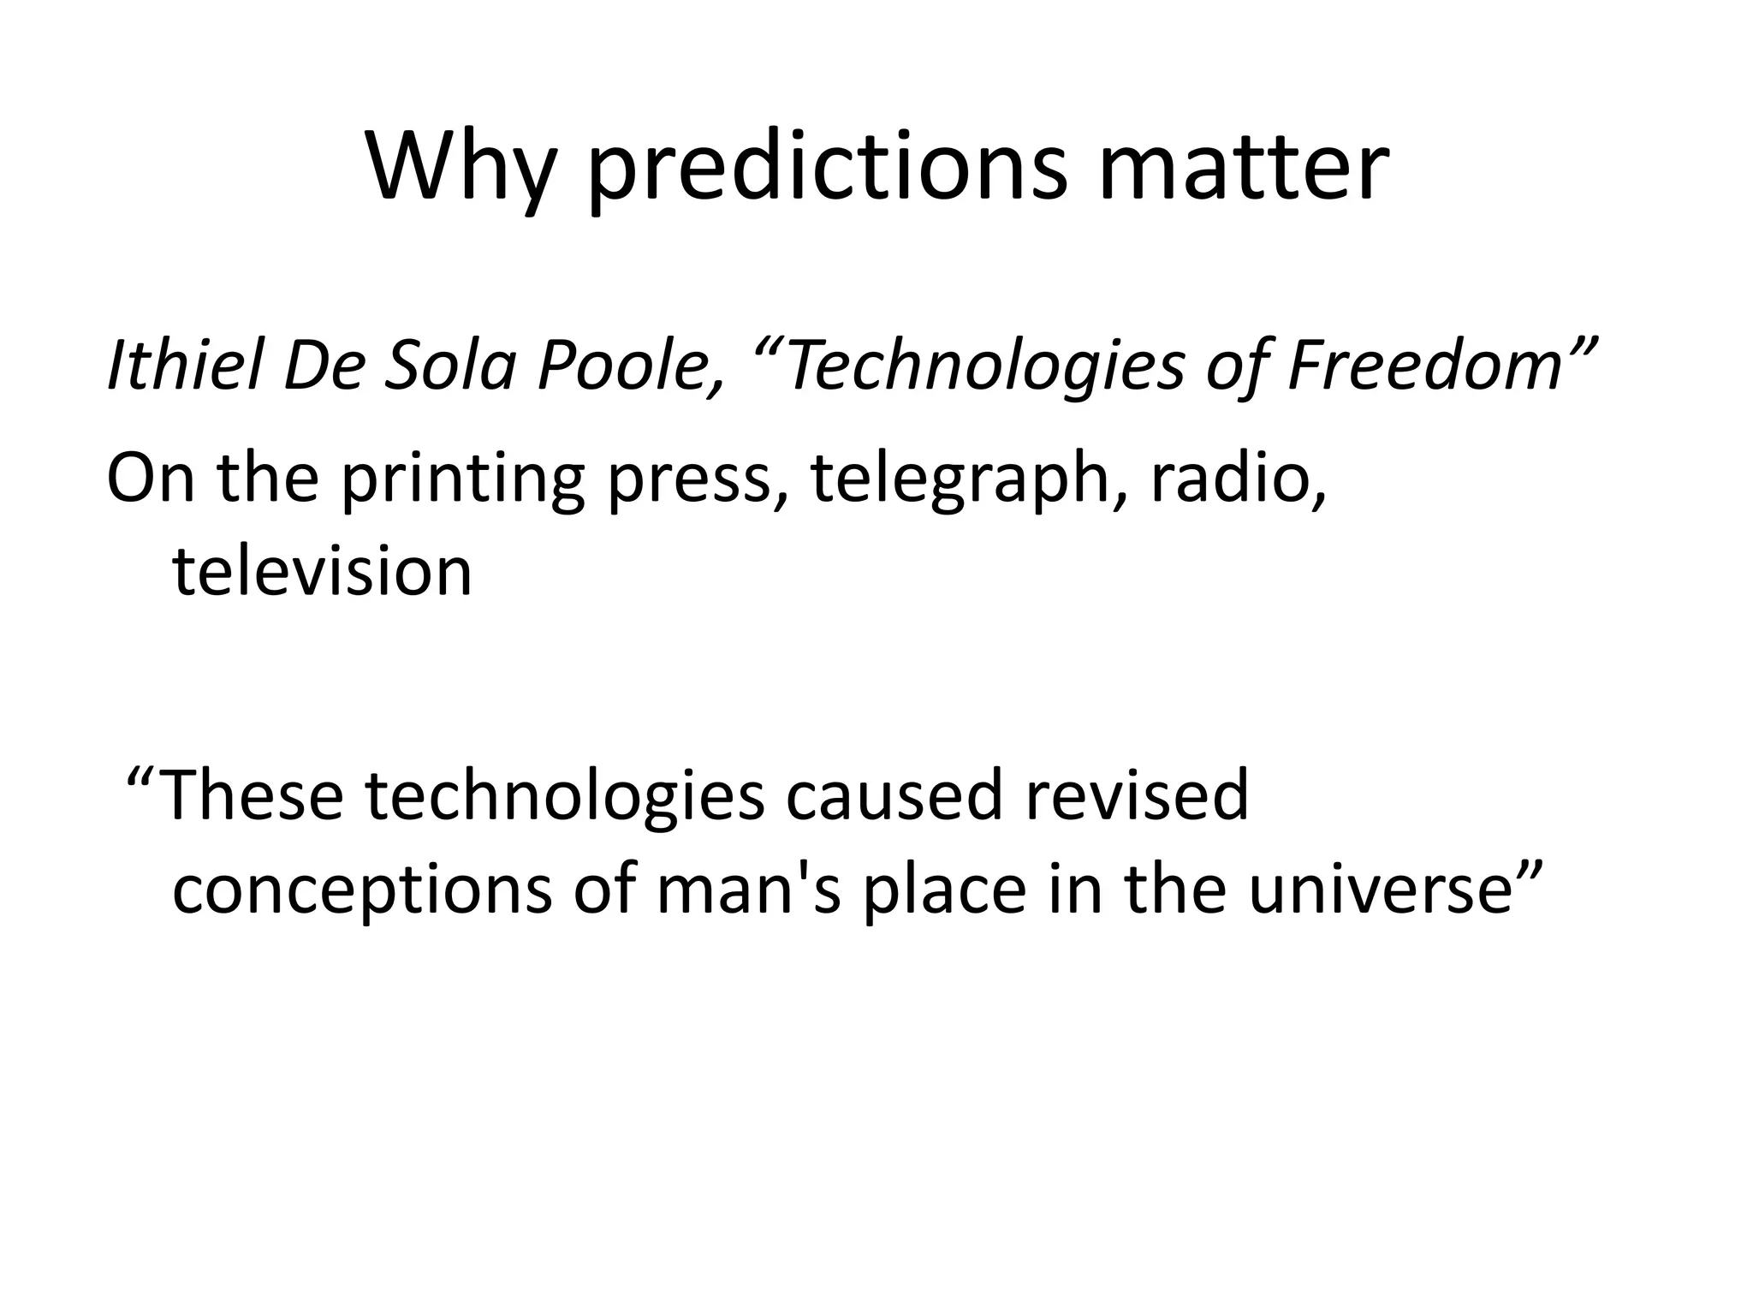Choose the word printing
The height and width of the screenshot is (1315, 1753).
coord(462,479)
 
